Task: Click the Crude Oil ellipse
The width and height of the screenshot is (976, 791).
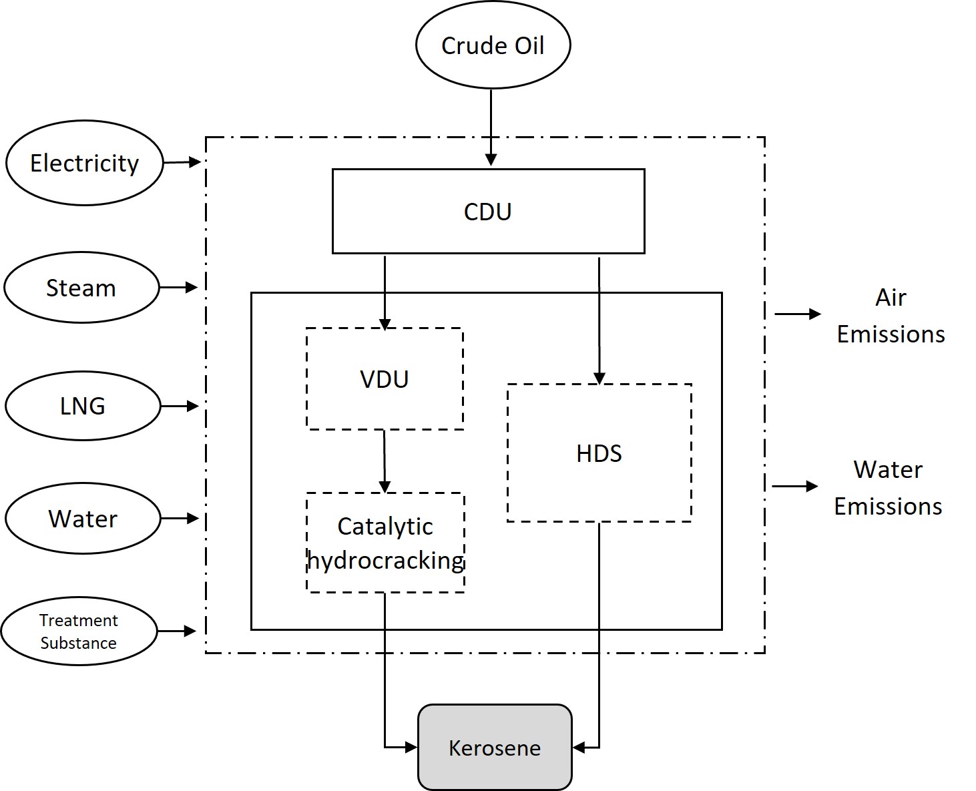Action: tap(493, 45)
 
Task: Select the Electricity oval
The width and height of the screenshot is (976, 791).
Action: tap(84, 163)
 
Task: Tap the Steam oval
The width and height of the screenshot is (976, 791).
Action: tap(81, 288)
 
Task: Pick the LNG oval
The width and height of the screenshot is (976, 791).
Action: tap(83, 406)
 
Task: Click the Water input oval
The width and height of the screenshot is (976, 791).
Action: tap(83, 519)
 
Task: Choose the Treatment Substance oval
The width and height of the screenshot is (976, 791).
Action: tap(79, 631)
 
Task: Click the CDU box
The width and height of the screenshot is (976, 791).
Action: tap(488, 212)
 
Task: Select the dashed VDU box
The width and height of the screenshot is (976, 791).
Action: tap(385, 378)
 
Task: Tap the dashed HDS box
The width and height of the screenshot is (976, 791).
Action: tap(599, 453)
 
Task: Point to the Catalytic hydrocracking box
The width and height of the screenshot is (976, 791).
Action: tap(385, 543)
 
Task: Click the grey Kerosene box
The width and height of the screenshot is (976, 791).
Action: tap(495, 748)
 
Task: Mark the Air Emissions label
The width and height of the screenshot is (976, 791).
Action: tap(891, 316)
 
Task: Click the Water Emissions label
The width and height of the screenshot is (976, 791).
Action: tap(888, 488)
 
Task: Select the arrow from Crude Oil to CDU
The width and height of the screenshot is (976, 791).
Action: tap(491, 127)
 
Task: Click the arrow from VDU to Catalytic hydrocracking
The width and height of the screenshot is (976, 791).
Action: tap(384, 461)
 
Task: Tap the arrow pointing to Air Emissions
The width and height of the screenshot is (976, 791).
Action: tap(797, 314)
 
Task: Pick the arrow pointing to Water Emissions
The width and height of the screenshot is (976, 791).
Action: tap(794, 487)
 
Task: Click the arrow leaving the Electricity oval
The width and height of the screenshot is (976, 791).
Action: tap(182, 162)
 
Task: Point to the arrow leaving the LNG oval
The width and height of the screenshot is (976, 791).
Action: tap(180, 406)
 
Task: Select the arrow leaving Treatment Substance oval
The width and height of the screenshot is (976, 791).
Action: tap(176, 631)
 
